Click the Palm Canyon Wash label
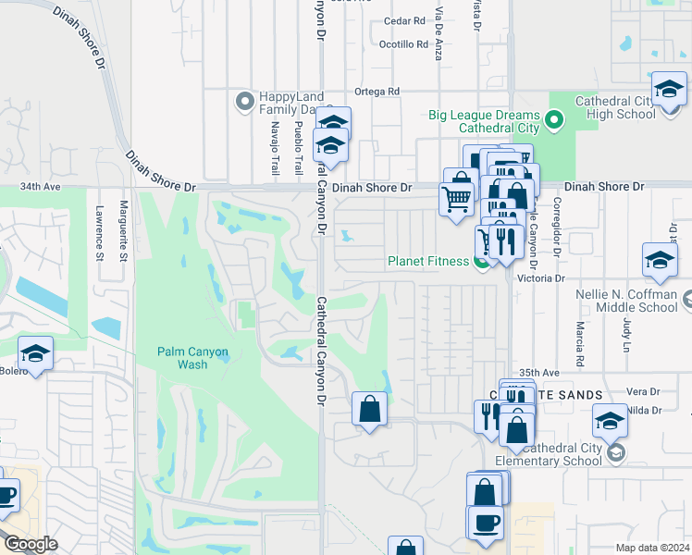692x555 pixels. tap(192, 357)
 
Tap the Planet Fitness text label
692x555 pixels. tap(429, 261)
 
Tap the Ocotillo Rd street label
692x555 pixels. tap(404, 43)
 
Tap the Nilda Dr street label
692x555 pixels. tap(644, 410)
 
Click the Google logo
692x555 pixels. tap(30, 544)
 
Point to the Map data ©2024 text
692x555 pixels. tap(651, 548)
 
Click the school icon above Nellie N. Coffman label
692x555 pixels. tap(660, 261)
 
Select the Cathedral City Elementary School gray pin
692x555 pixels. tap(616, 453)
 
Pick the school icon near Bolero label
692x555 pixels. tap(35, 353)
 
